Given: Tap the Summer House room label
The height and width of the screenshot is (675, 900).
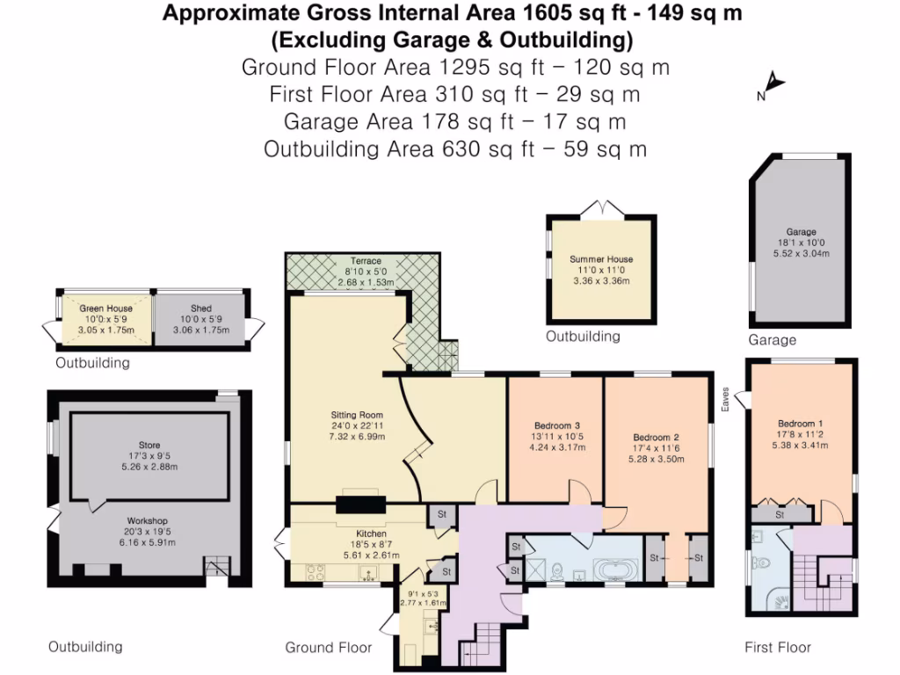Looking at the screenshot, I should [x=601, y=259].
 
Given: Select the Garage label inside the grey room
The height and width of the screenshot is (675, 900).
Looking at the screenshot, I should [x=801, y=232].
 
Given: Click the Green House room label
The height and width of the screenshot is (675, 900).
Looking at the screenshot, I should [x=106, y=308].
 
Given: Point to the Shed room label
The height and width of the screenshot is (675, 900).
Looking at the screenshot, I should [x=201, y=308].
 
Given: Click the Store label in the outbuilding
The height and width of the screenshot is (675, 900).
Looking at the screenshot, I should [x=149, y=446].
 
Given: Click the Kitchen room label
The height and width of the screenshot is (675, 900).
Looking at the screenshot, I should [x=372, y=533].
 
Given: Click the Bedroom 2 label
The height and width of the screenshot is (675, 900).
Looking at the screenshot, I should [x=657, y=437].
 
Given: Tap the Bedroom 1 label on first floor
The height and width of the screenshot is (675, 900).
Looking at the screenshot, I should [x=800, y=420].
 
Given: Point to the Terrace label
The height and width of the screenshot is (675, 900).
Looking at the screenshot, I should [x=366, y=261].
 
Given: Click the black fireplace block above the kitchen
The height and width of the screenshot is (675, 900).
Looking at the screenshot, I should [x=360, y=504].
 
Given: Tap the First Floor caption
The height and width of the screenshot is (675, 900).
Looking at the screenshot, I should [x=778, y=648].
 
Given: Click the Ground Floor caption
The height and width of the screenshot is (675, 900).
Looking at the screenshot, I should [x=328, y=648].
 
